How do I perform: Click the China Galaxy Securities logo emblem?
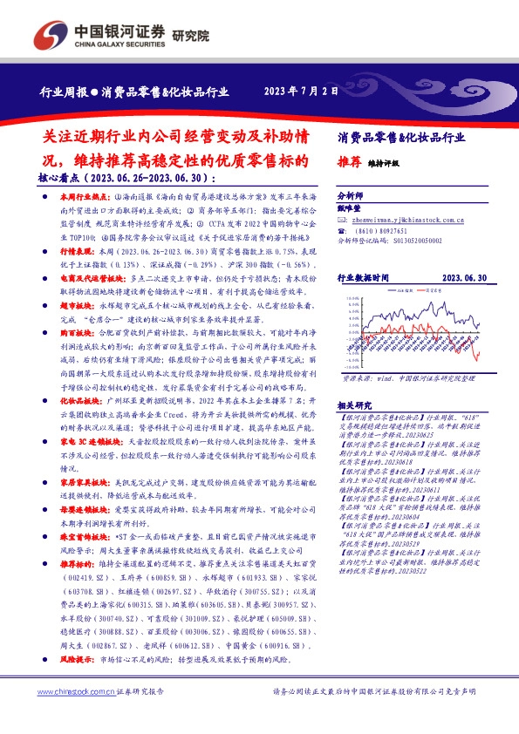[x=57, y=33]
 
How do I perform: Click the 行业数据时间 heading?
[x=369, y=277]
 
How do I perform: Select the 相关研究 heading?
[x=353, y=405]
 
